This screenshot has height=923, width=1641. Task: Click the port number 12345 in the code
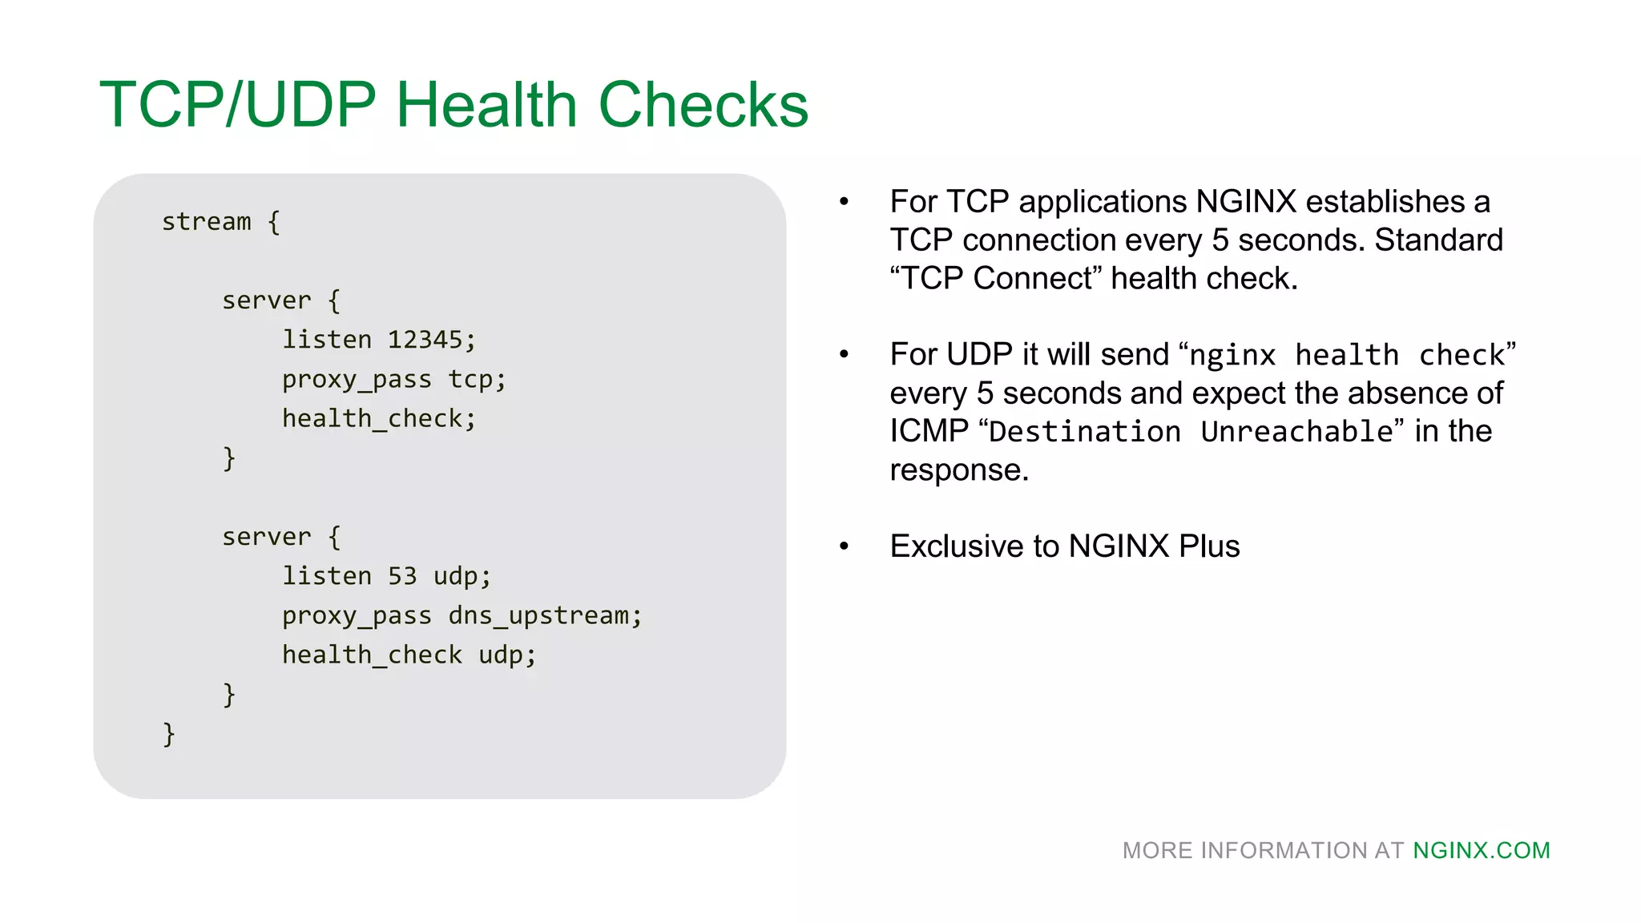click(425, 340)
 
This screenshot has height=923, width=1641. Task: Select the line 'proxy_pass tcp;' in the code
click(393, 380)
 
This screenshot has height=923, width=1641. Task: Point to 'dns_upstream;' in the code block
click(545, 615)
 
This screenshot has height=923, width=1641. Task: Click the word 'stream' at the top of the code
click(207, 222)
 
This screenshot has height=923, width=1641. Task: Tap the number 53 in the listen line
click(402, 576)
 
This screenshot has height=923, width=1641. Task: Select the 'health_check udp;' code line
click(409, 655)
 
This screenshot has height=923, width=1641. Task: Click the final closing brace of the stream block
click(169, 733)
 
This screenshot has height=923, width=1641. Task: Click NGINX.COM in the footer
click(1481, 850)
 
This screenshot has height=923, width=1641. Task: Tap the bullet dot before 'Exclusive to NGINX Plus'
click(844, 546)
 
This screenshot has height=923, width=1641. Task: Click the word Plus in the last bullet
click(1209, 546)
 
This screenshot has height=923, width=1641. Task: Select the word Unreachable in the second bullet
click(1297, 432)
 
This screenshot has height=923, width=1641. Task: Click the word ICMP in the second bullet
click(929, 431)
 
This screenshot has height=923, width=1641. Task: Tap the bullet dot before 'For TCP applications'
click(844, 202)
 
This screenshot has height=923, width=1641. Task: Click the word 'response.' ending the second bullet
click(958, 470)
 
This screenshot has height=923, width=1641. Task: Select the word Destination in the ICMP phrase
click(1085, 432)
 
